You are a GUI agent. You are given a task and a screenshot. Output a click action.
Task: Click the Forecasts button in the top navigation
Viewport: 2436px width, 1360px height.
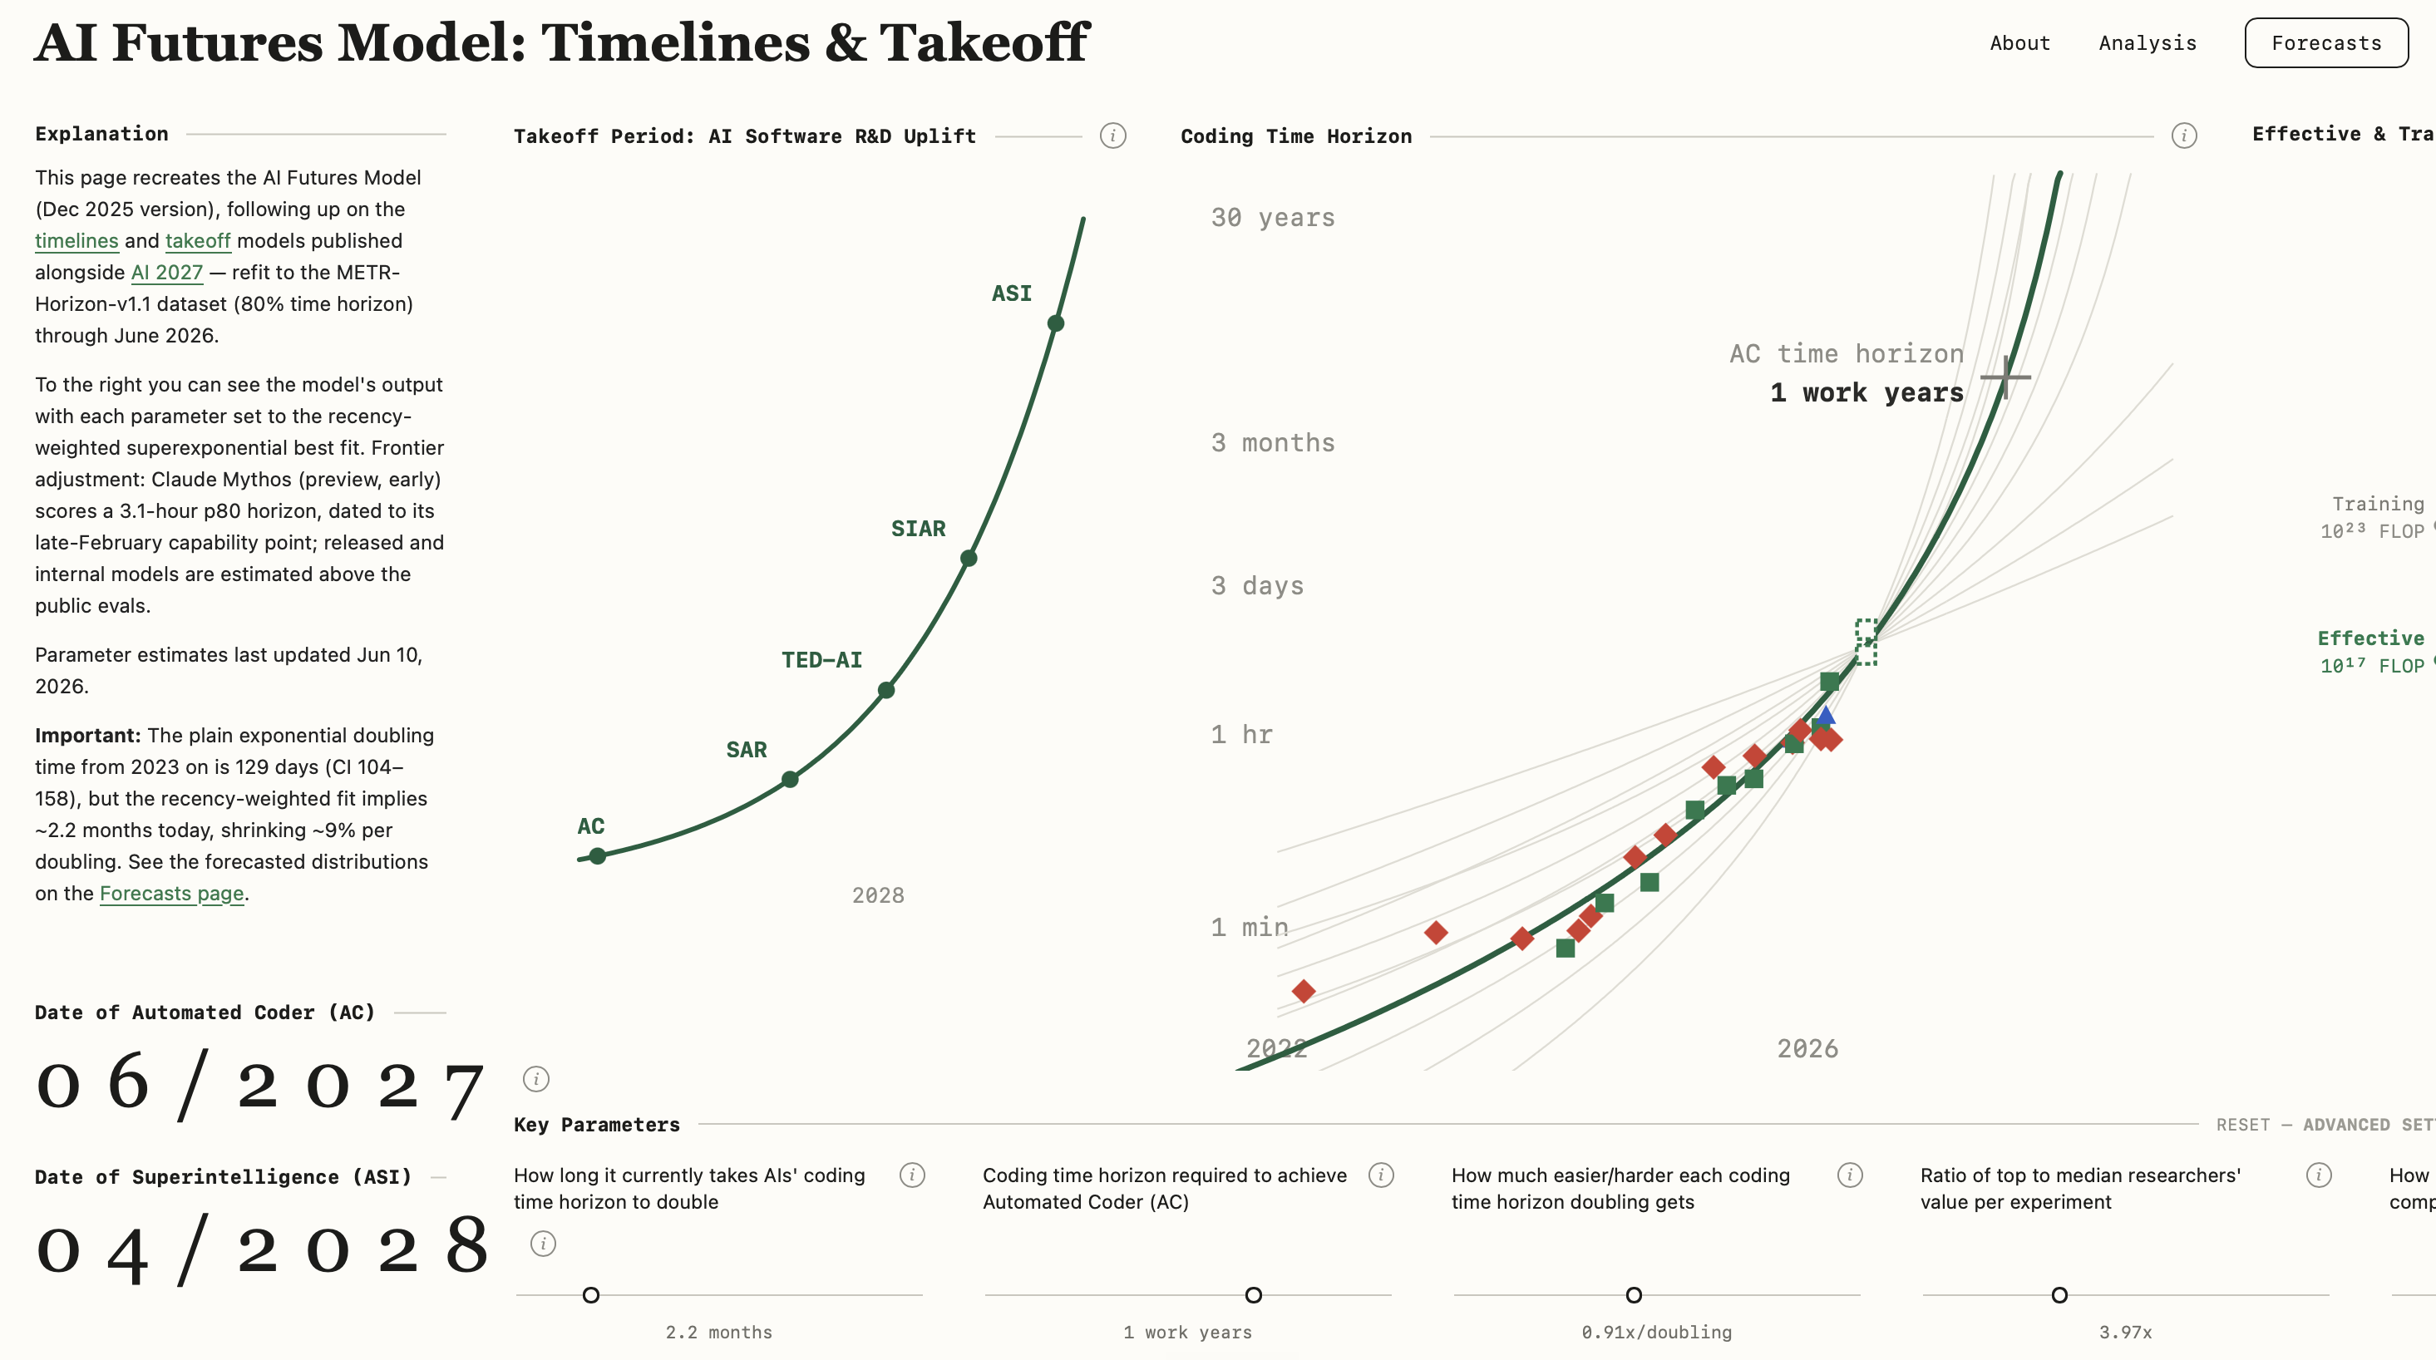tap(2326, 42)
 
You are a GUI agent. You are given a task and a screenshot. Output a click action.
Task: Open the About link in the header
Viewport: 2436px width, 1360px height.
tap(2020, 42)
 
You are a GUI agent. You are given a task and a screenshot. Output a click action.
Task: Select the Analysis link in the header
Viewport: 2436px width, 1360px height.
tap(2148, 42)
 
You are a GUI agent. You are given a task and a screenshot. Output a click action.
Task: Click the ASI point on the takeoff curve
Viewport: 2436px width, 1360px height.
tap(1055, 323)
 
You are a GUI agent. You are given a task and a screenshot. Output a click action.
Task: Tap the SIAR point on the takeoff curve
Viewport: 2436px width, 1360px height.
tap(969, 558)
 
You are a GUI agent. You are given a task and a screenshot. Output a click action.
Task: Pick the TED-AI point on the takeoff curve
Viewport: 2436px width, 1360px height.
tap(886, 691)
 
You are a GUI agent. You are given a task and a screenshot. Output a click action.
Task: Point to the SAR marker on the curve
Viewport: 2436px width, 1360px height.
tap(790, 779)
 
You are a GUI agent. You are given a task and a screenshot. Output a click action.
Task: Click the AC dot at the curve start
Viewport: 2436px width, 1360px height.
tap(597, 856)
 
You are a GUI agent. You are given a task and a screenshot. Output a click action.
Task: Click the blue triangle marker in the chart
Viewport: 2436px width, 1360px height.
tap(1826, 715)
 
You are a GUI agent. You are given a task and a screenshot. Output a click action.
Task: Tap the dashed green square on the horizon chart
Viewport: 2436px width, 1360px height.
tap(1866, 642)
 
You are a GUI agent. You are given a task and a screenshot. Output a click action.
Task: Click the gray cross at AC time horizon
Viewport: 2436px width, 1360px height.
tap(2005, 377)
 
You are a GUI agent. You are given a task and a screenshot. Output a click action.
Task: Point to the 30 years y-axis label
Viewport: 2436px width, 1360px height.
tap(1273, 218)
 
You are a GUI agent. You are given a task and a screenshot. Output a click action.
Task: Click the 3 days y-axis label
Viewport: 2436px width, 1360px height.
tap(1257, 585)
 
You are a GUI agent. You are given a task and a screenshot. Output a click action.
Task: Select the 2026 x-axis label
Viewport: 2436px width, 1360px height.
tap(1807, 1048)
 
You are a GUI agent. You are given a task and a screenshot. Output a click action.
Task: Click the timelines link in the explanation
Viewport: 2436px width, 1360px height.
tap(76, 240)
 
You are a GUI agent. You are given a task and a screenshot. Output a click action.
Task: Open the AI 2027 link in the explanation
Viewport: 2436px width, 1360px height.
tap(166, 273)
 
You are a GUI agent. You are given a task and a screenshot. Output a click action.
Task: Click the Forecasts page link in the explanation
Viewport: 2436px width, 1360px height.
tap(171, 893)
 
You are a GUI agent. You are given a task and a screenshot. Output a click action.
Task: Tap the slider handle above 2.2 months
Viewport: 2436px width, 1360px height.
tap(591, 1294)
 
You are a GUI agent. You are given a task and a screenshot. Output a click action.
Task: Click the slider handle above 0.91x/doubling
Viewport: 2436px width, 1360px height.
tap(1633, 1294)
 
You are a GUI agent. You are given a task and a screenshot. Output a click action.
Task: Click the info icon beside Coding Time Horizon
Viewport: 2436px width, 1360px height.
tap(2183, 136)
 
